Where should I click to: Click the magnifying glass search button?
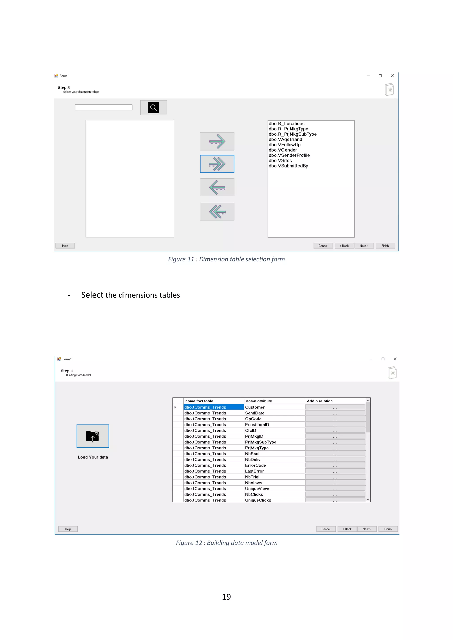[153, 108]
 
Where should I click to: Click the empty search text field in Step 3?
[104, 108]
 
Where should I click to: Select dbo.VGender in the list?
[283, 150]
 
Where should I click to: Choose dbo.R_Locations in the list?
[286, 123]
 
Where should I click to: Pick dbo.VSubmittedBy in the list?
[288, 166]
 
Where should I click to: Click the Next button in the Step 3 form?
[364, 246]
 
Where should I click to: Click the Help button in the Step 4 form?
[68, 529]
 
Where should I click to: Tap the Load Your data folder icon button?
[93, 436]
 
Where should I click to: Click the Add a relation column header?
[320, 401]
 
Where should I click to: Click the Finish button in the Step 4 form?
[388, 529]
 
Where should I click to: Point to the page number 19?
[226, 597]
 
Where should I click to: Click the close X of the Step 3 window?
[392, 76]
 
